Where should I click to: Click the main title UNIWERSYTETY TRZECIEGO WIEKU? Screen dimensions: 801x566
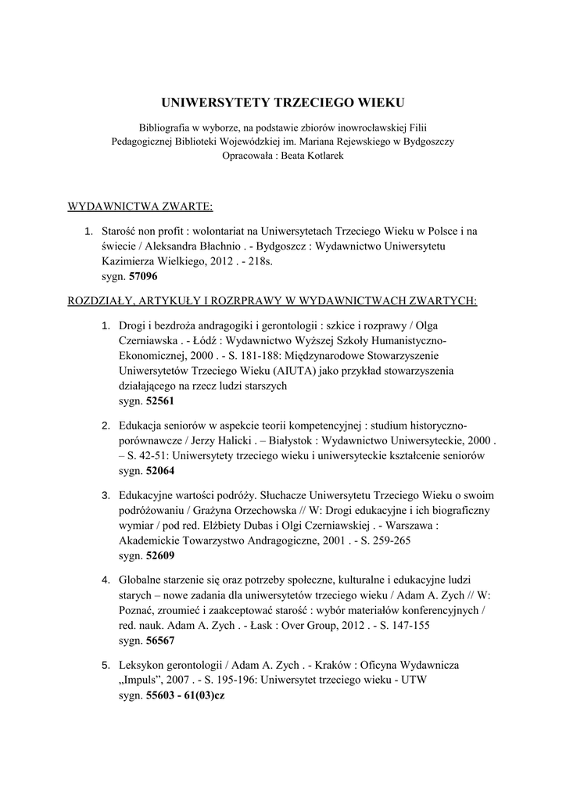point(283,102)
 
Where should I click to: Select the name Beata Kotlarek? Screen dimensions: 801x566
point(308,155)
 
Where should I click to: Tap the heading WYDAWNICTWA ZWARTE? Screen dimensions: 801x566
point(141,207)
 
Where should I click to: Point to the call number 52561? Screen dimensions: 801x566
point(159,400)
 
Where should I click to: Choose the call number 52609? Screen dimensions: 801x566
point(159,555)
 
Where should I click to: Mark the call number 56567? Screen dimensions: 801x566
point(159,640)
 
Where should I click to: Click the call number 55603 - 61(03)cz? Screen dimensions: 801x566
point(185,696)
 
